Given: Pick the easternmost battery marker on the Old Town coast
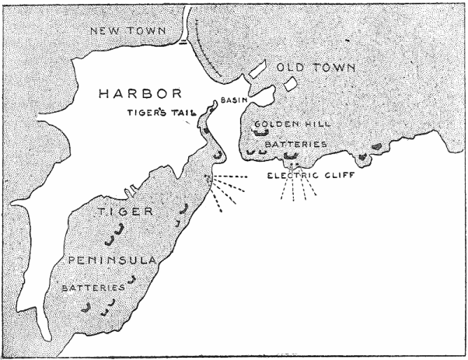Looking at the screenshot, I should point(377,145).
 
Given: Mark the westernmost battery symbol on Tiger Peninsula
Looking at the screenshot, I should point(87,309).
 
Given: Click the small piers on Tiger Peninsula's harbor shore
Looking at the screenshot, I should point(124,191).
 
